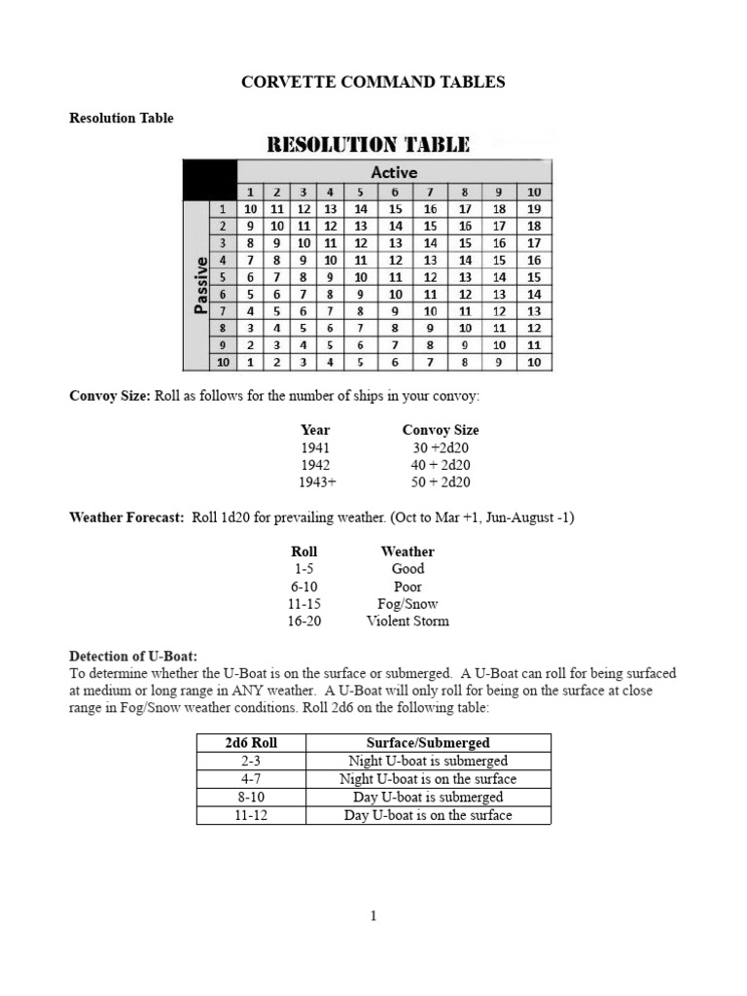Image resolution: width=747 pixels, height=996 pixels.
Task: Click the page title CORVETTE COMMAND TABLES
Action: pyautogui.click(x=373, y=83)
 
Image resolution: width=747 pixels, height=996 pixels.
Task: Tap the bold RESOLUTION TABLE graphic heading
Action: pyautogui.click(x=369, y=145)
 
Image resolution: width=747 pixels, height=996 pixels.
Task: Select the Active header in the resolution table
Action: pyautogui.click(x=394, y=172)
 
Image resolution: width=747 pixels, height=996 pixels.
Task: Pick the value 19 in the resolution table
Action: pyautogui.click(x=533, y=208)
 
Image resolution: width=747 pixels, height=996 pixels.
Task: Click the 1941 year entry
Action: pyautogui.click(x=315, y=447)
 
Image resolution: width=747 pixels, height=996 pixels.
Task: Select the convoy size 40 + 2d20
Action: pyautogui.click(x=441, y=465)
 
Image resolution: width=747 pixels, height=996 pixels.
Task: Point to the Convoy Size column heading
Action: pyautogui.click(x=441, y=430)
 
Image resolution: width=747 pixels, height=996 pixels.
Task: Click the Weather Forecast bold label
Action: pyautogui.click(x=126, y=517)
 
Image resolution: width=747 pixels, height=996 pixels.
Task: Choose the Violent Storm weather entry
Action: pyautogui.click(x=408, y=622)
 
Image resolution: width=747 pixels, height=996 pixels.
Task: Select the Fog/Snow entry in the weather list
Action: pyautogui.click(x=408, y=604)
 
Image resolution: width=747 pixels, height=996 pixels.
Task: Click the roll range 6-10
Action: pyautogui.click(x=303, y=587)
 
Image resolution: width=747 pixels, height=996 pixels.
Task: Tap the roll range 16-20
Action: pyautogui.click(x=303, y=622)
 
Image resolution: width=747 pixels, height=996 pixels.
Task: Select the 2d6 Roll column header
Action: pyautogui.click(x=251, y=743)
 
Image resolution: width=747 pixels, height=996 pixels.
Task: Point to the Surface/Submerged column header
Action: pyautogui.click(x=428, y=743)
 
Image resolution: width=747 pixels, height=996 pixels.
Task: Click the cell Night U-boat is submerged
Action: pyautogui.click(x=428, y=762)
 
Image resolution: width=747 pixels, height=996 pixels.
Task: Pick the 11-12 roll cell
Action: pyautogui.click(x=251, y=815)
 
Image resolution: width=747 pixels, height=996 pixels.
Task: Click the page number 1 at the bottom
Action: pyautogui.click(x=373, y=915)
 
